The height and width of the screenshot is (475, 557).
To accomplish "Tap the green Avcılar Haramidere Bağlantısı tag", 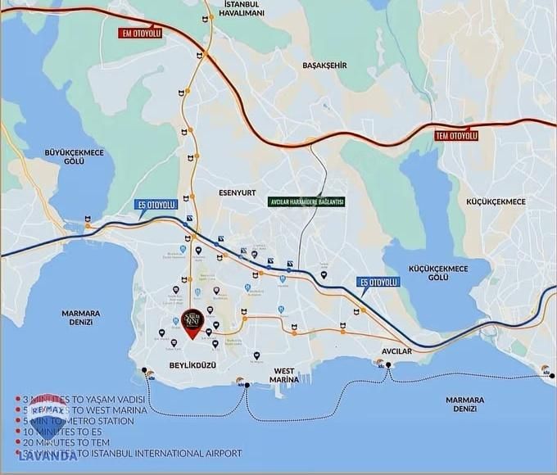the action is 306,201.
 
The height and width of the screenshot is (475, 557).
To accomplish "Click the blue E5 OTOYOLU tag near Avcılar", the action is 379,282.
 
